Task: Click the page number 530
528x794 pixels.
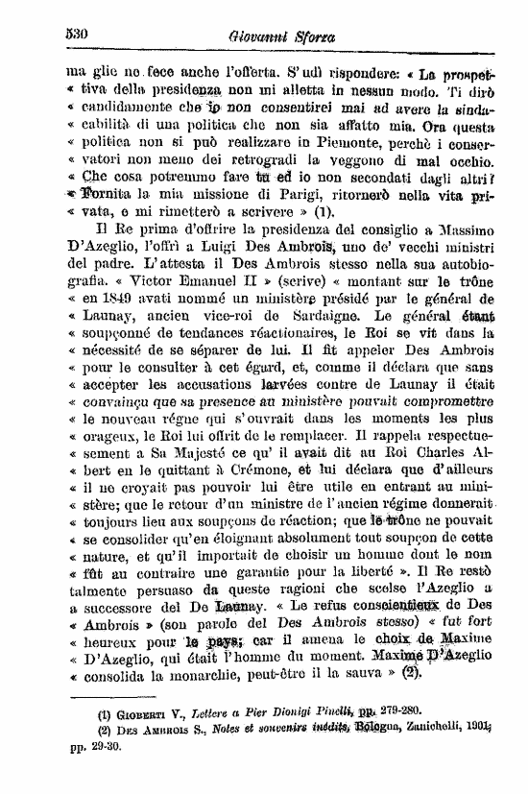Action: (76, 32)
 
